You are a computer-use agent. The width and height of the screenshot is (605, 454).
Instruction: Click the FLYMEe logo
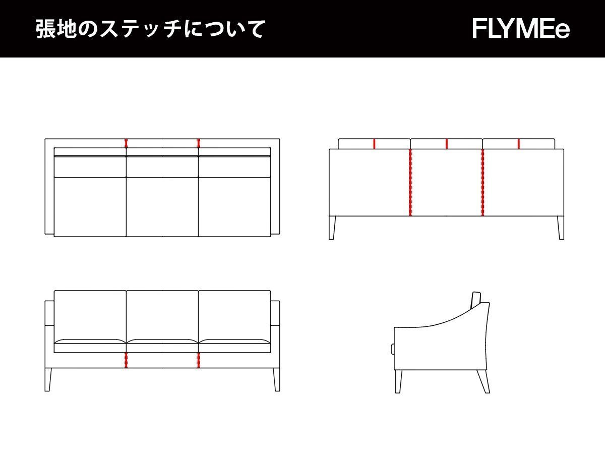[x=521, y=29]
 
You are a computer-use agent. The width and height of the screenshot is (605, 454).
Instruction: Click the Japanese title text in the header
[x=150, y=29]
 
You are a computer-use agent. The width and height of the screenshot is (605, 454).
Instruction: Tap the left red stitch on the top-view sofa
[x=126, y=143]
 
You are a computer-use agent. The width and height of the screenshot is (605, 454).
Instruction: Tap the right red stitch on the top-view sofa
[x=198, y=143]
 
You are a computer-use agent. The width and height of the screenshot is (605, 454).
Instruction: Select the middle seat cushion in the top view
[x=162, y=206]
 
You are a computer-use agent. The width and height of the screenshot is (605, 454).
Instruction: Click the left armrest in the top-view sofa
[x=49, y=187]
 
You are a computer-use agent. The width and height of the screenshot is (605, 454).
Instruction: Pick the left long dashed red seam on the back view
[x=410, y=183]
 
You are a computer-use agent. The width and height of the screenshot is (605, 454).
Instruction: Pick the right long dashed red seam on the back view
[x=482, y=183]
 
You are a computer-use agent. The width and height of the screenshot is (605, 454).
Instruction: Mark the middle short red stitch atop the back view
[x=447, y=144]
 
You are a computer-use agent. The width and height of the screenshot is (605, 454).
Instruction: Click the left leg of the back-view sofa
[x=332, y=228]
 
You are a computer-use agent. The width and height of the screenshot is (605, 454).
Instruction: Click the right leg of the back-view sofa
[x=561, y=228]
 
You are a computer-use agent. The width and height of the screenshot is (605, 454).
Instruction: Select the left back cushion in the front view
[x=90, y=314]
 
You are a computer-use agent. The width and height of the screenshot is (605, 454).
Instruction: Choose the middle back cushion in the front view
[x=162, y=314]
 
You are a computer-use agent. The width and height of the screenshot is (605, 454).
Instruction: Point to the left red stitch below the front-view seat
[x=126, y=360]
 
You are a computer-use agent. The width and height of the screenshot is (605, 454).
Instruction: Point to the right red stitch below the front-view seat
[x=198, y=360]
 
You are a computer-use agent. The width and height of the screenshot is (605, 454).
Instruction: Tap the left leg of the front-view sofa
[x=48, y=379]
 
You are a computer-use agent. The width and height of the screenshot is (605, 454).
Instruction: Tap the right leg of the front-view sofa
[x=276, y=379]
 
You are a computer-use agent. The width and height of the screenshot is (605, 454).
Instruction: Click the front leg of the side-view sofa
[x=398, y=381]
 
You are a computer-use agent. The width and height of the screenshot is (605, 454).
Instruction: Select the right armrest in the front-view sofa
[x=275, y=333]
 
